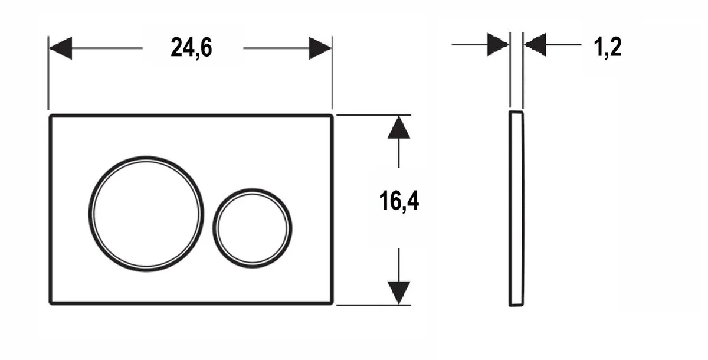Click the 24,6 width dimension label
click(191, 48)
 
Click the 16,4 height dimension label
click(399, 202)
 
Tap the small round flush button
click(253, 228)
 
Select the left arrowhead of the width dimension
click(60, 48)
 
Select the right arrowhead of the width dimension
click(320, 48)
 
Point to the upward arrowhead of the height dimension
click(399, 127)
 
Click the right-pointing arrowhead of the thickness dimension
click(497, 44)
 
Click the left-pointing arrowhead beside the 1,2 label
click(535, 44)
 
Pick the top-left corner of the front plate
click(50, 116)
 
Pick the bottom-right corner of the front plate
click(332, 303)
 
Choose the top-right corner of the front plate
click(332, 116)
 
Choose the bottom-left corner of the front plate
click(50, 303)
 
